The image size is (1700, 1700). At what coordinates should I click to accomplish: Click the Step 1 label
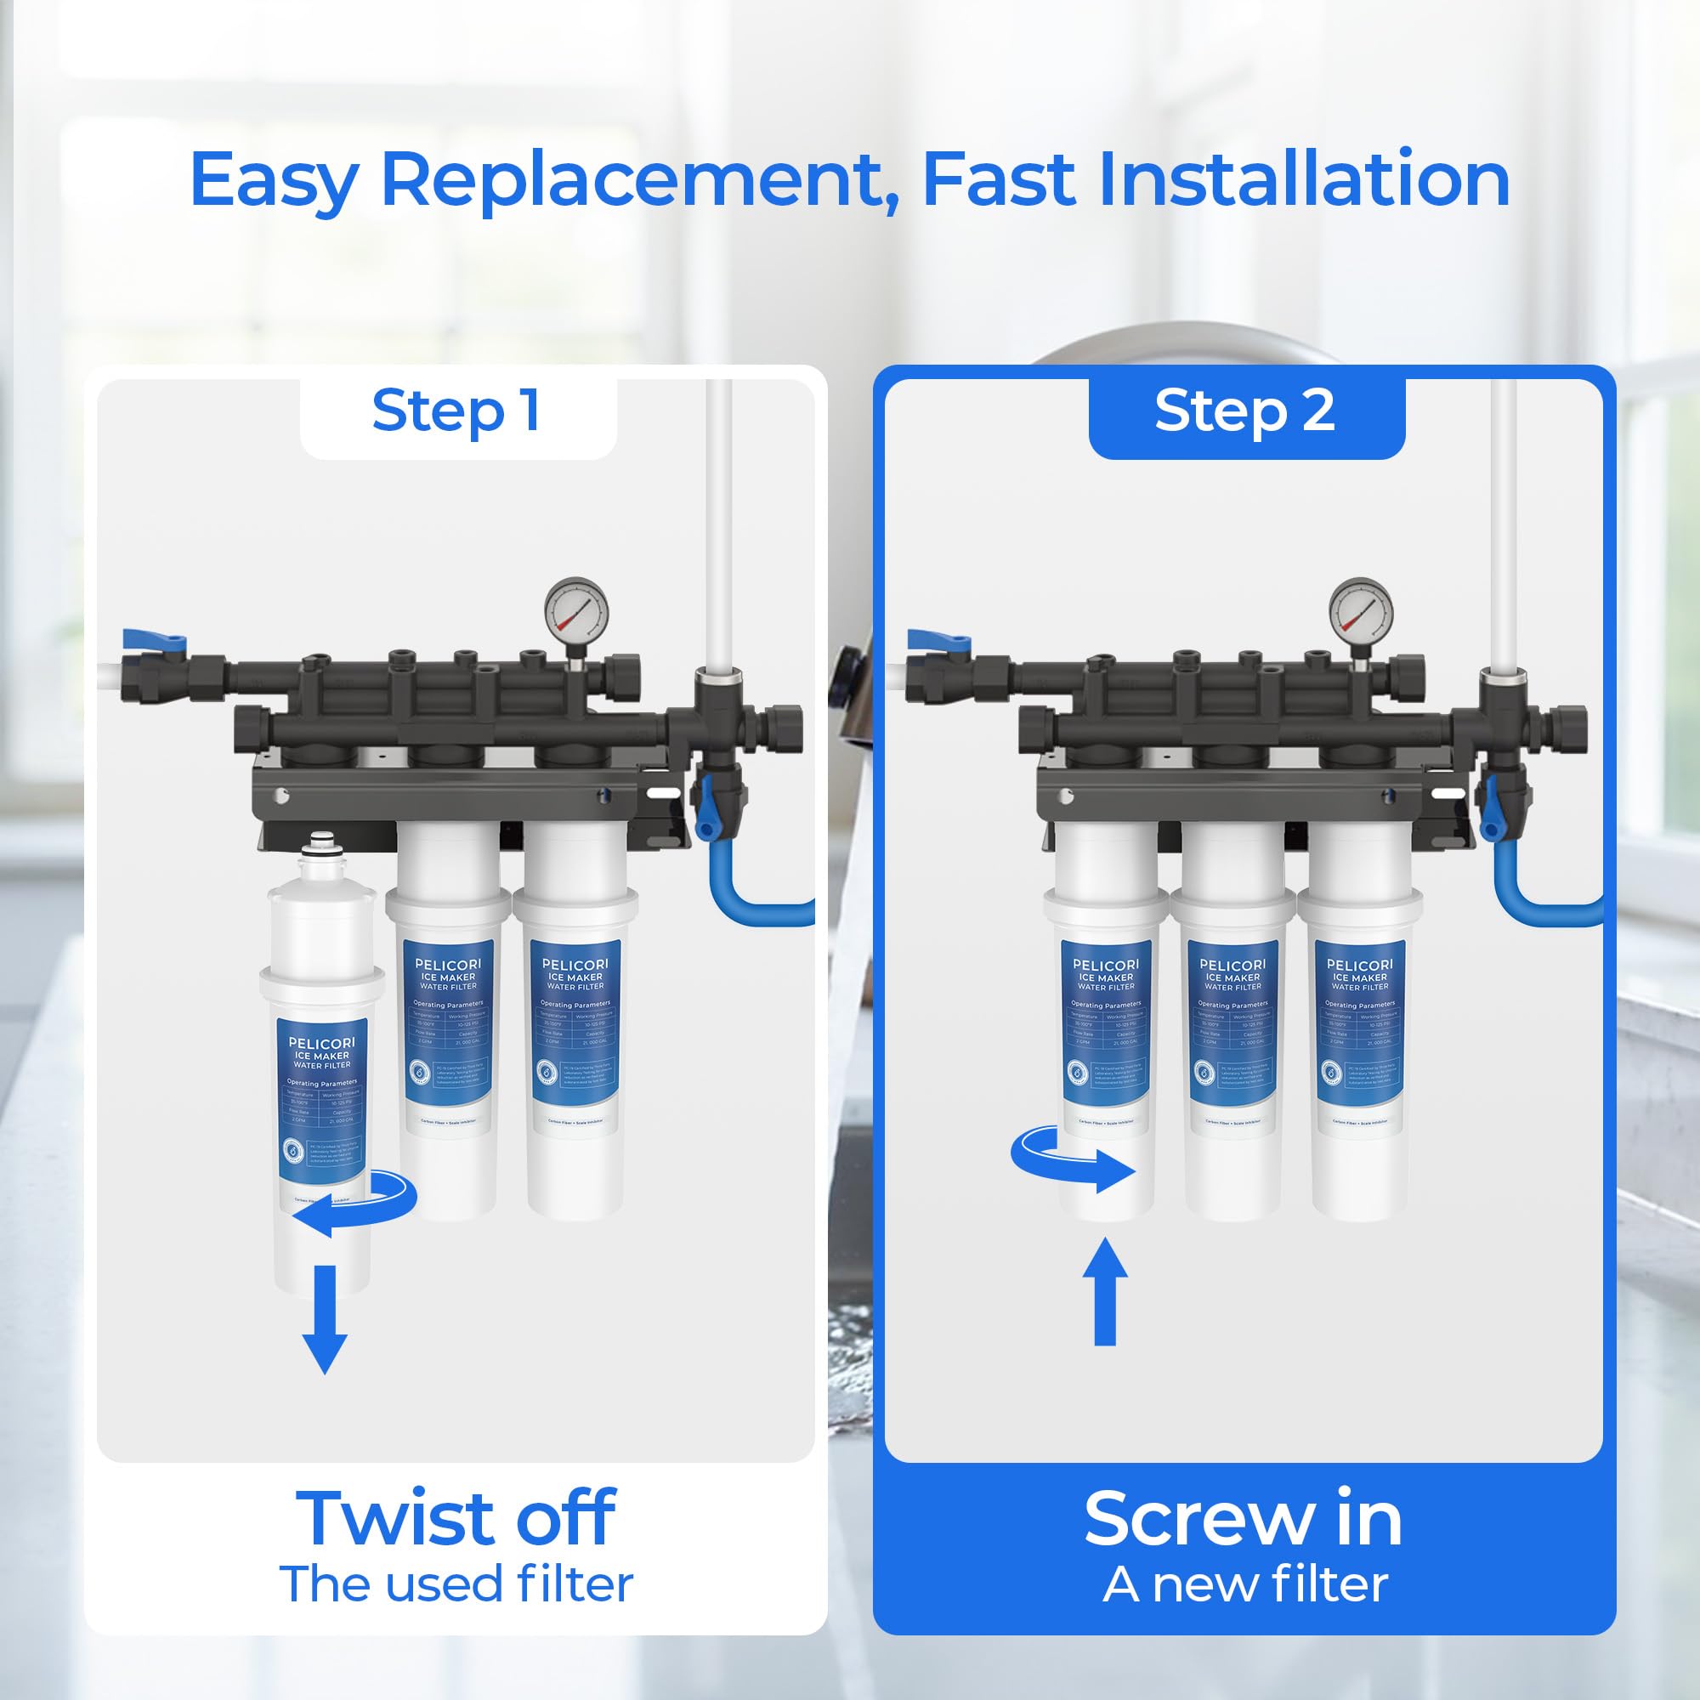click(x=456, y=411)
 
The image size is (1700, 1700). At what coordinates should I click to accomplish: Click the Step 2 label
click(x=1244, y=411)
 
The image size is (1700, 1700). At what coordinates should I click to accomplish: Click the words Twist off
click(x=456, y=1519)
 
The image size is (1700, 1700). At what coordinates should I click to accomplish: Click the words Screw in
click(x=1243, y=1519)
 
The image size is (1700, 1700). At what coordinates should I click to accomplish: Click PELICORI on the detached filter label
click(x=321, y=1043)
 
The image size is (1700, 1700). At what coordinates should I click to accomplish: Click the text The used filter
click(x=456, y=1584)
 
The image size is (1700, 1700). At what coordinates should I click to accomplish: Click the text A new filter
click(x=1244, y=1584)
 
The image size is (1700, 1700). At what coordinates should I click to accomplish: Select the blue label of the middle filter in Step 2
click(x=1232, y=1021)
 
